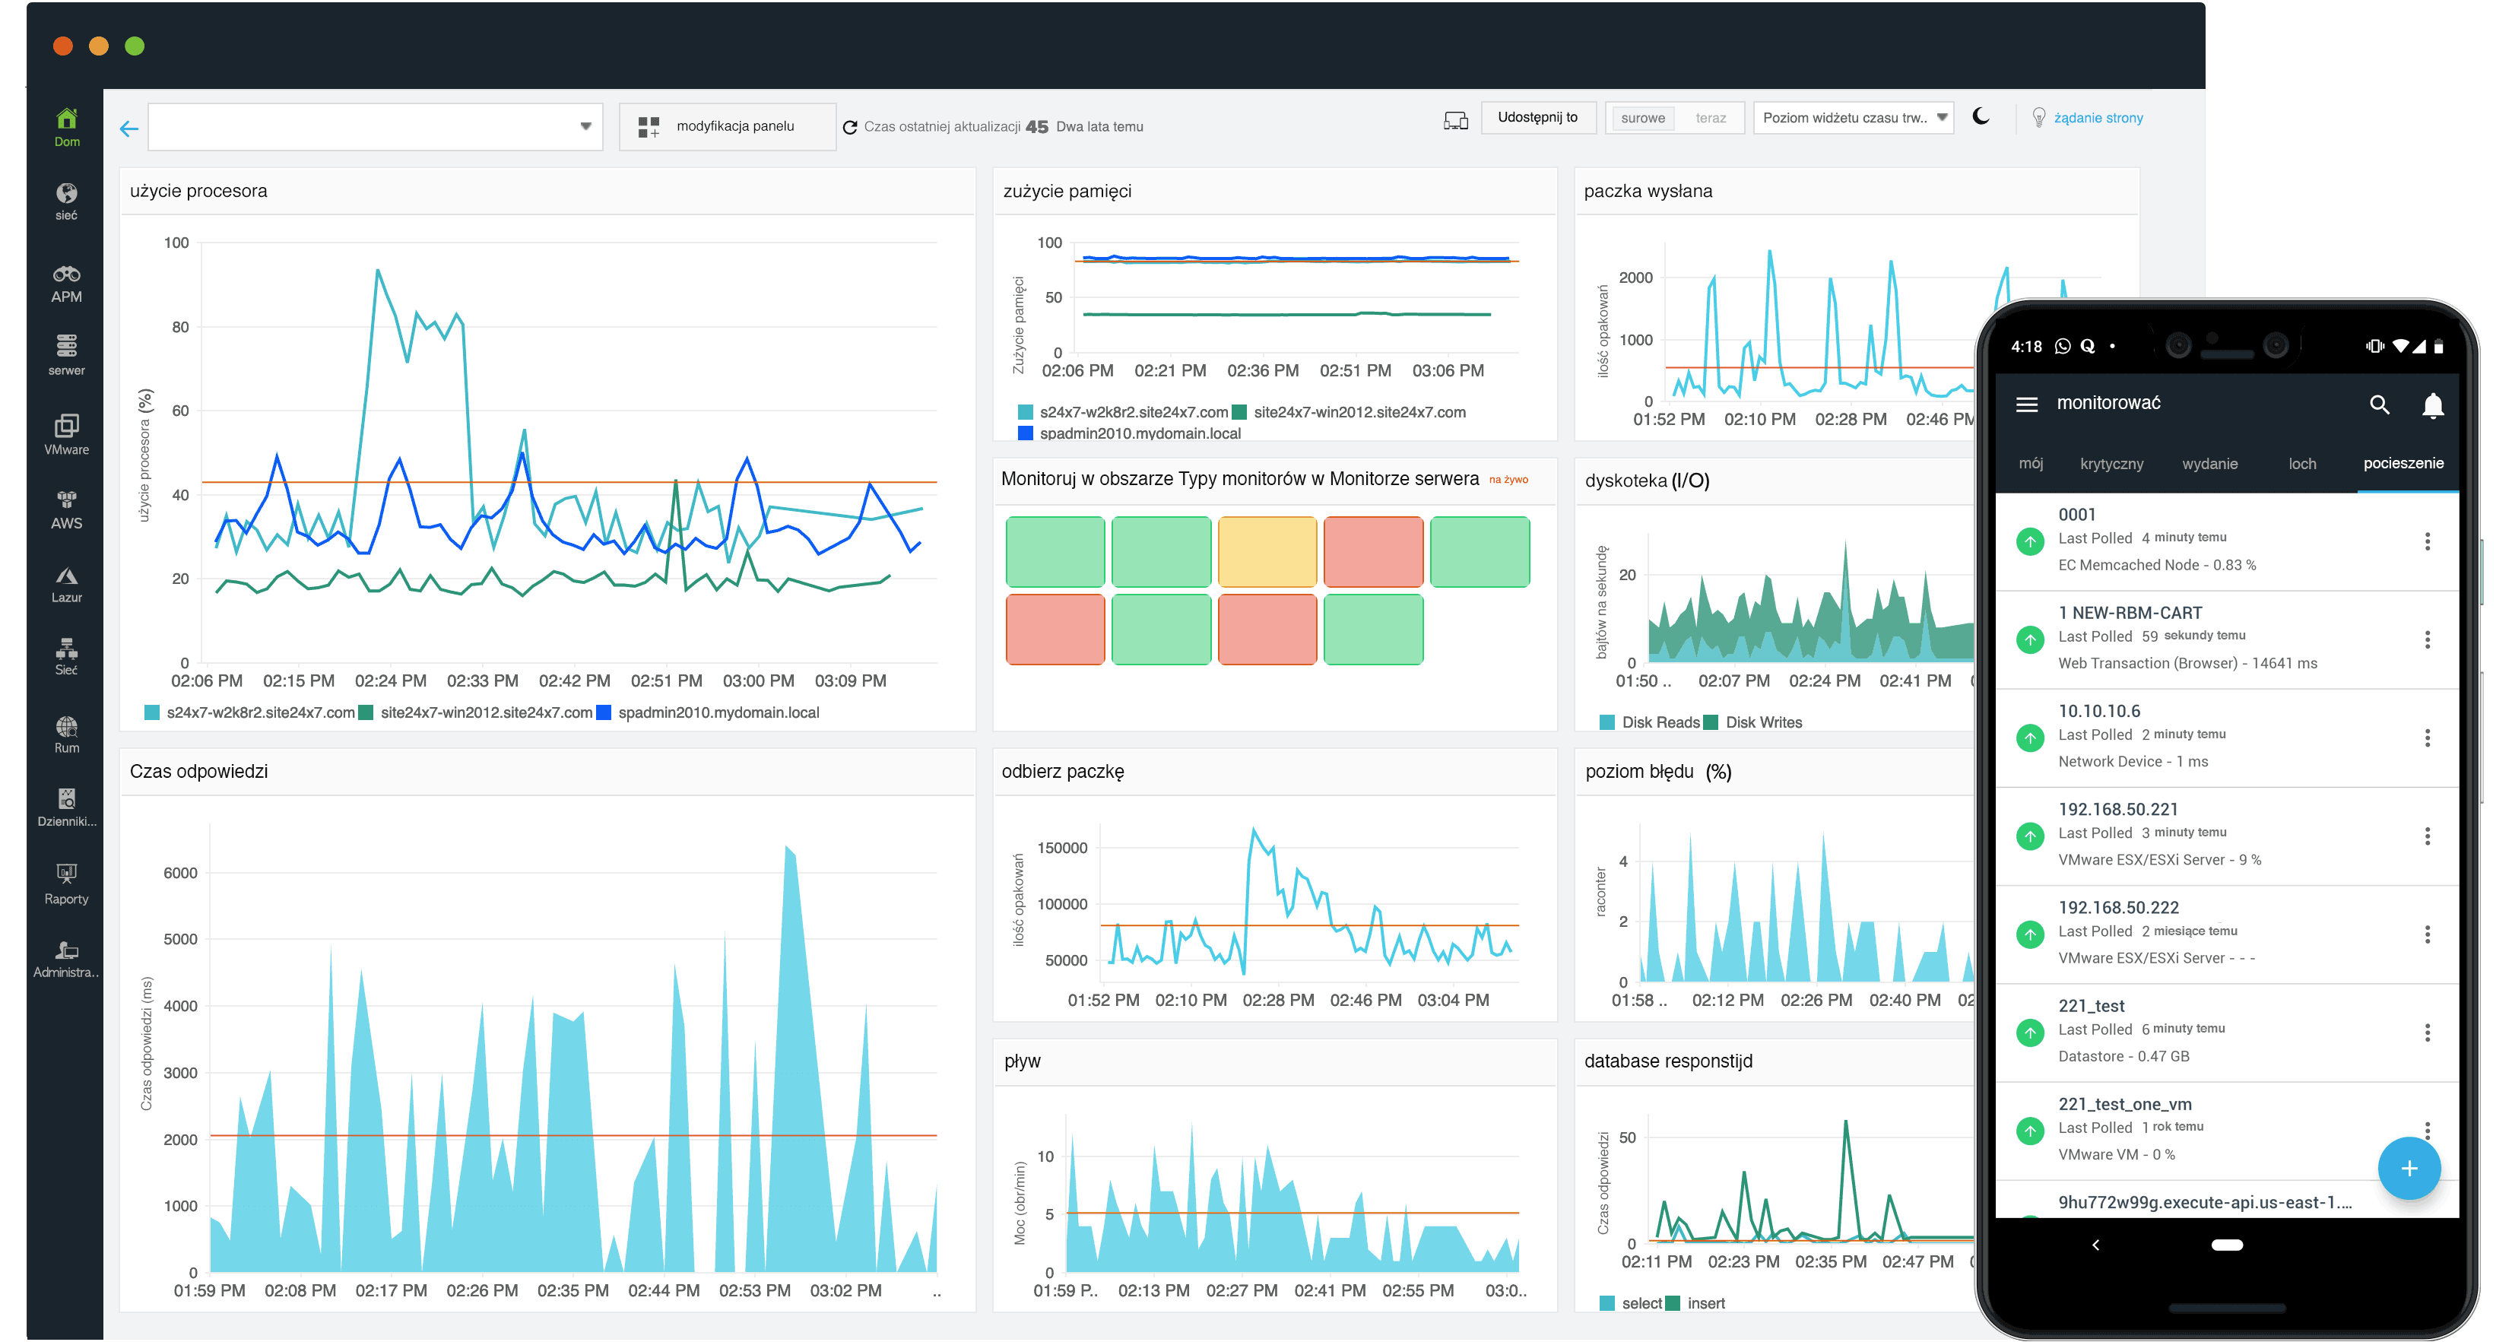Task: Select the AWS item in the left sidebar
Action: [x=66, y=510]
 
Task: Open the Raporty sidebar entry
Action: [x=66, y=884]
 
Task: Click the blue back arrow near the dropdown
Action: [x=128, y=128]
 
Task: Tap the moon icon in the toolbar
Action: [x=1981, y=117]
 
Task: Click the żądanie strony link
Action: [x=2098, y=118]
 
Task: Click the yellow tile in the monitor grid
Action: [x=1267, y=552]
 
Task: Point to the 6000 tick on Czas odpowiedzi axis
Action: [x=180, y=873]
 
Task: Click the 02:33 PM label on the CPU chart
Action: [x=482, y=681]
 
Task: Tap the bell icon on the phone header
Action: [x=2432, y=404]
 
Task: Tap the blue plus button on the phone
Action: [x=2408, y=1169]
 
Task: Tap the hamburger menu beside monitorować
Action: [x=2026, y=404]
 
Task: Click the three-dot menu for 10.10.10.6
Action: [x=2426, y=738]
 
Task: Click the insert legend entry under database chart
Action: [x=1705, y=1303]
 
